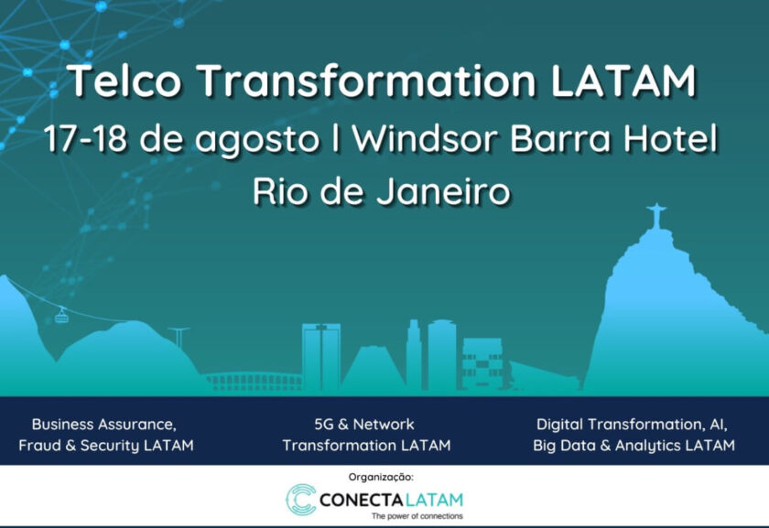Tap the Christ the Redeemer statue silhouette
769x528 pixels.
(x=655, y=217)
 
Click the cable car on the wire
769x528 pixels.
(x=62, y=316)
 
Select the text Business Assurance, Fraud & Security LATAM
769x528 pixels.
(x=105, y=436)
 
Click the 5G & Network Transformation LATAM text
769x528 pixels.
(x=365, y=436)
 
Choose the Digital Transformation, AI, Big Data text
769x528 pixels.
(x=633, y=436)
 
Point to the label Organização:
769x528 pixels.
(x=381, y=477)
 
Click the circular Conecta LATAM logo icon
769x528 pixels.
(x=299, y=500)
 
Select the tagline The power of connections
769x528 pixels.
(x=417, y=517)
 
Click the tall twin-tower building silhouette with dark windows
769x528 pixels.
(x=321, y=357)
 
